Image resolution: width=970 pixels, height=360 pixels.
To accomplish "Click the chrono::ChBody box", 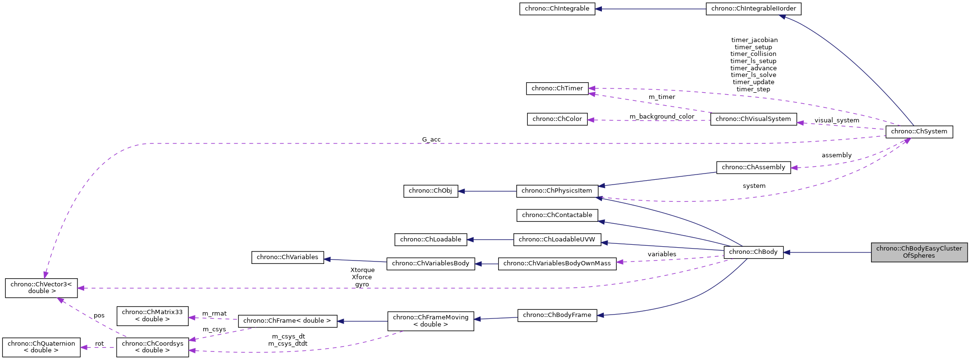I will point(753,252).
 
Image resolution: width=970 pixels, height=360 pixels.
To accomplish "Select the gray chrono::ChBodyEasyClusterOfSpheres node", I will point(919,252).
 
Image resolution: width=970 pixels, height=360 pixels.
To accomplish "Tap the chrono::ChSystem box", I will point(919,131).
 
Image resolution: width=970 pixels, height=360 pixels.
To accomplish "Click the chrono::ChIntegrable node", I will point(557,9).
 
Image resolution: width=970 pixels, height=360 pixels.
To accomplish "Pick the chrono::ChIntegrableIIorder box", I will point(753,9).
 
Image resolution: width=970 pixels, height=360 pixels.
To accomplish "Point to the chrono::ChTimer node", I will point(557,88).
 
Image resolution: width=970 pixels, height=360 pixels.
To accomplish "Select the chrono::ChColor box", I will point(557,119).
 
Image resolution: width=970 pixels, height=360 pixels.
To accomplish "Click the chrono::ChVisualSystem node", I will point(753,119).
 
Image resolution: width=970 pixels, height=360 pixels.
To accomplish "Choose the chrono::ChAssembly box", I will point(753,167).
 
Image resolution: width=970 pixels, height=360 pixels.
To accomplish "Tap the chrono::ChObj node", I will point(430,191).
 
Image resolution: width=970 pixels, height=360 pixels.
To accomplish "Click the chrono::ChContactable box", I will point(557,215).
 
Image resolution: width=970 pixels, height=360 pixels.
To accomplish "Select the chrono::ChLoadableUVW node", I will point(557,240).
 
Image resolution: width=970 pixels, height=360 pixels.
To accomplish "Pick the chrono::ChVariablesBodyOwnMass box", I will point(557,263).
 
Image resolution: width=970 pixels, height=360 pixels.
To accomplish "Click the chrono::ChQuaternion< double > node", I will point(41,347).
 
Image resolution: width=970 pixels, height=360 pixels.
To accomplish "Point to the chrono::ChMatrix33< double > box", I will point(152,316).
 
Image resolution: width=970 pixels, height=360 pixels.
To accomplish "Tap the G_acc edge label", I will point(431,140).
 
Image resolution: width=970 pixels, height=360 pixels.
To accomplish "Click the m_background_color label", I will point(662,117).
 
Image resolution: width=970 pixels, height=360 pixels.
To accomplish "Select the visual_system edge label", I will point(837,120).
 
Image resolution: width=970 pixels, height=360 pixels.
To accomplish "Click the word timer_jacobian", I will point(754,40).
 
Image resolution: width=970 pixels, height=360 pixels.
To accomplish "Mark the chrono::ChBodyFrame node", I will point(557,315).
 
